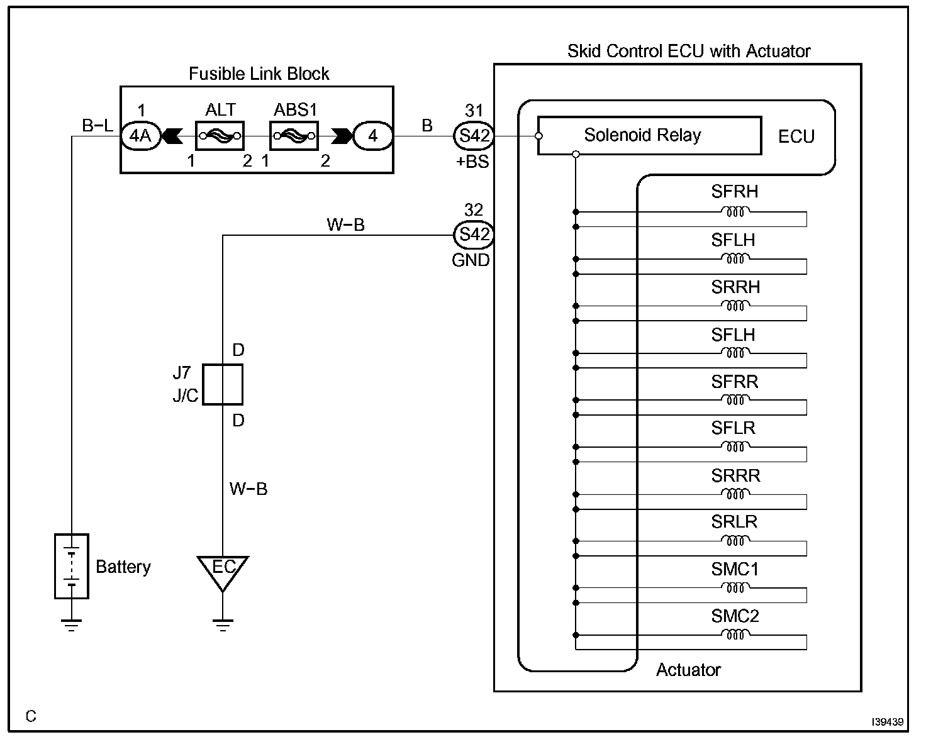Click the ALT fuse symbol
click(x=220, y=136)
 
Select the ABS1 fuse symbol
click(x=294, y=136)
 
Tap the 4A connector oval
click(x=141, y=136)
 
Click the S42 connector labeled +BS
click(x=474, y=136)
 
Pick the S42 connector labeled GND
click(x=474, y=235)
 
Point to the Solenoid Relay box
click(x=649, y=135)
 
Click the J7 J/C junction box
click(x=223, y=385)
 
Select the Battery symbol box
click(x=72, y=566)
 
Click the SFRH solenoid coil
click(x=735, y=212)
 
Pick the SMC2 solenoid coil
click(x=735, y=634)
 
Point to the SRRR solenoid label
click(x=735, y=475)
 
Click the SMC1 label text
click(x=735, y=569)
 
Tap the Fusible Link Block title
click(x=259, y=74)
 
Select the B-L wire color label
click(x=98, y=126)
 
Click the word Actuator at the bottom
click(x=688, y=670)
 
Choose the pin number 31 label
click(x=474, y=111)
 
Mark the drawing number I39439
click(x=887, y=722)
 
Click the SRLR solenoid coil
click(x=735, y=540)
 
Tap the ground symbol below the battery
click(x=72, y=625)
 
